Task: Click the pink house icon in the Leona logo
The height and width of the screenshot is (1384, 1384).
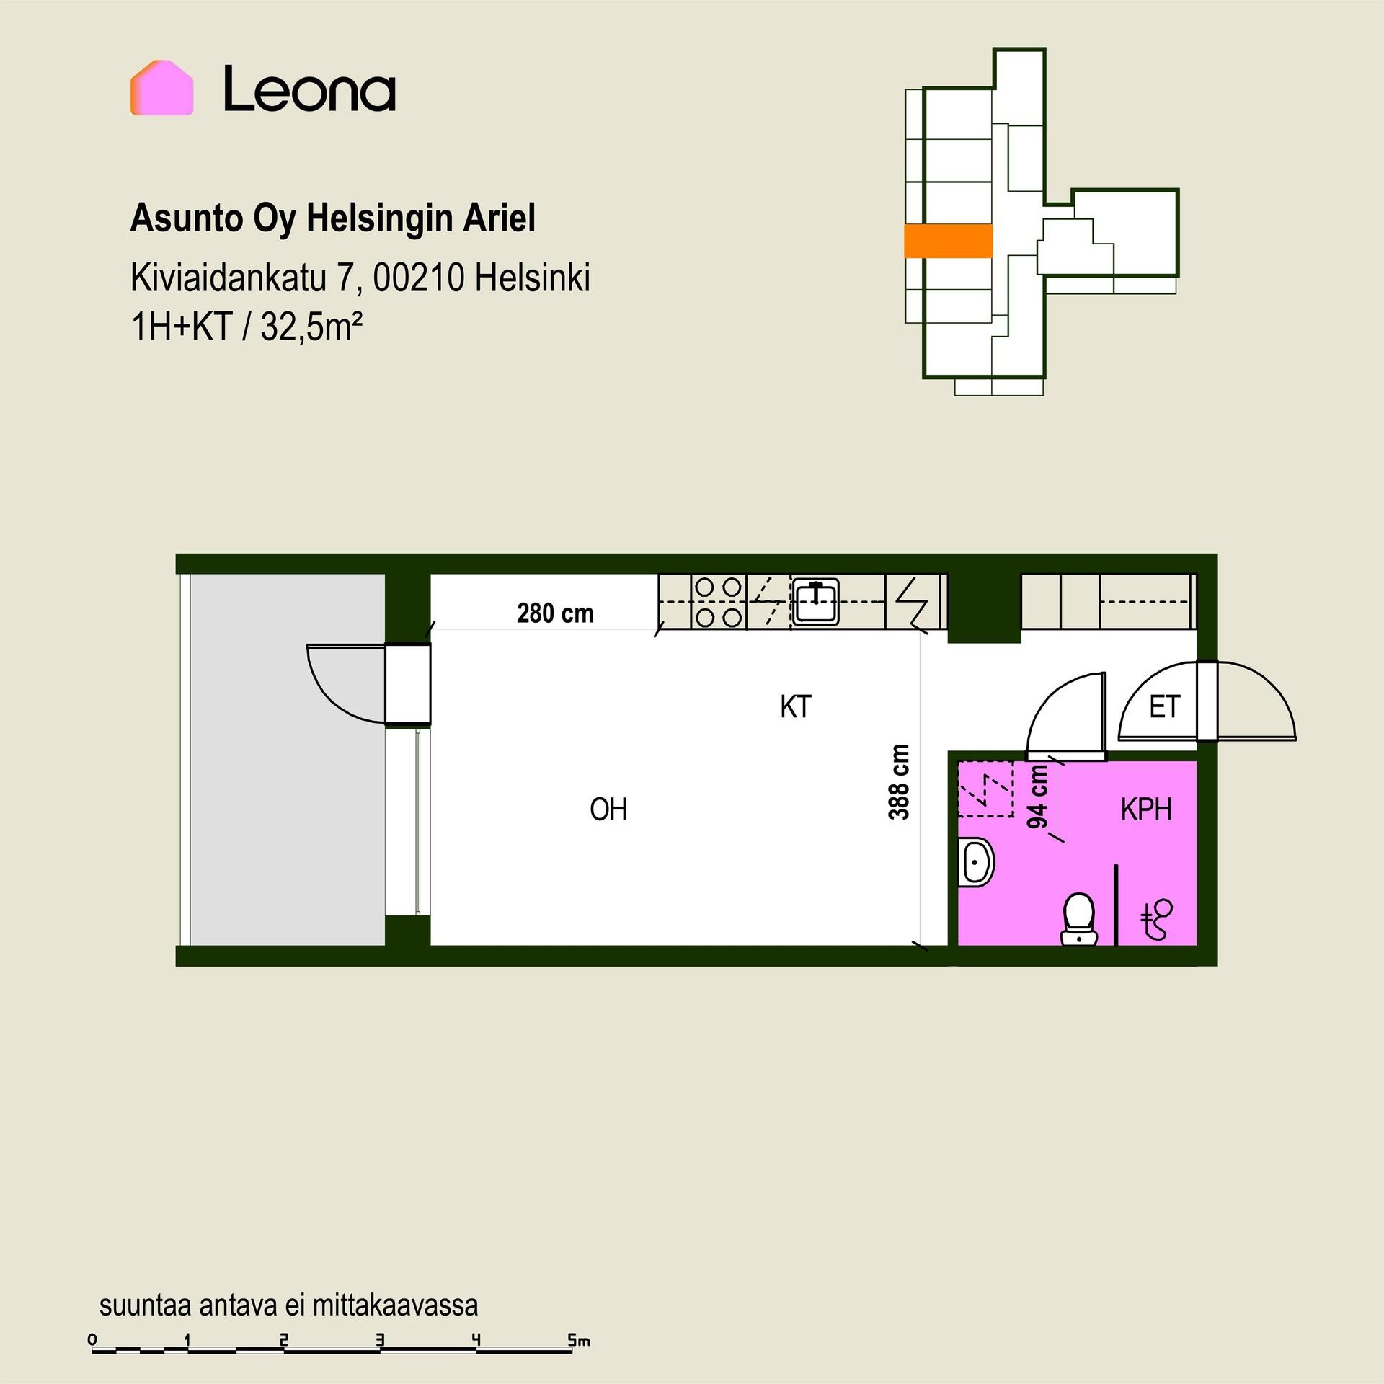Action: (x=161, y=88)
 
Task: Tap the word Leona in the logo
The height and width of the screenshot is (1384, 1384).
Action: (x=310, y=89)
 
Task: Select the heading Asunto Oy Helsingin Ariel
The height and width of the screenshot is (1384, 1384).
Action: (x=332, y=219)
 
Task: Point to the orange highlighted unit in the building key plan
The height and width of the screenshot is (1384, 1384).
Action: (x=948, y=241)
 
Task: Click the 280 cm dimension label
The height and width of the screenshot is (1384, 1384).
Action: (x=555, y=613)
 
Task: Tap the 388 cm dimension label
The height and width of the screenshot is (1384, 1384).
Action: (x=899, y=782)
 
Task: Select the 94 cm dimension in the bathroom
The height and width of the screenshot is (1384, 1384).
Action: (x=1037, y=797)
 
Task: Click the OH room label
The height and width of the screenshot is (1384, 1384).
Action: (x=608, y=809)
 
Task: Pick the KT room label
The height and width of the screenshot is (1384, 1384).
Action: (x=796, y=707)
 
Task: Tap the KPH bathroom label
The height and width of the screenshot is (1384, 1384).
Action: (x=1146, y=810)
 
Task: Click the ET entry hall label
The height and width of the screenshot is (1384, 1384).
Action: (x=1164, y=707)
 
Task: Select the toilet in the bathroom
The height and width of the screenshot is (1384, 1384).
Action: (x=1078, y=919)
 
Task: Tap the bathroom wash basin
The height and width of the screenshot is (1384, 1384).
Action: (x=976, y=862)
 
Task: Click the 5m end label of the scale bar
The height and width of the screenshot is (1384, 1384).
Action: (x=579, y=1341)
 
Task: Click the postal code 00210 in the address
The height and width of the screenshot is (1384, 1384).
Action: (x=419, y=278)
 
